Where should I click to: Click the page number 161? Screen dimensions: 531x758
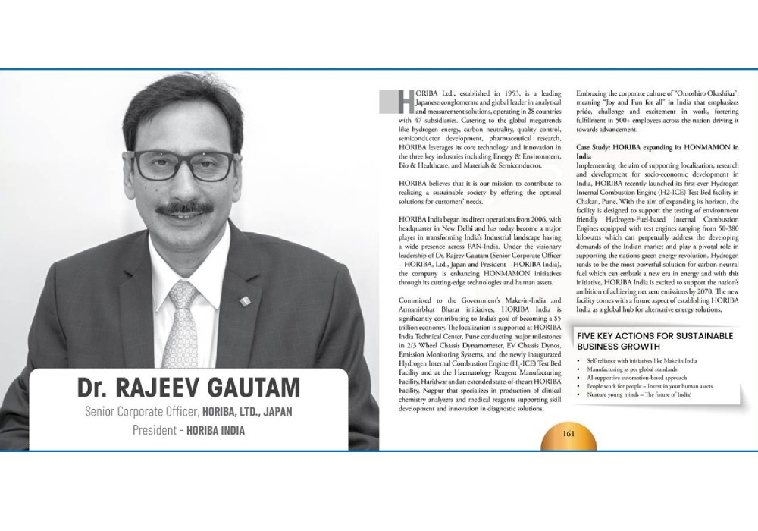coord(568,434)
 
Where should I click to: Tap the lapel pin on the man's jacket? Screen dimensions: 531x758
coord(245,301)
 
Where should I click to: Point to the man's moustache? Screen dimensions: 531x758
coord(184,207)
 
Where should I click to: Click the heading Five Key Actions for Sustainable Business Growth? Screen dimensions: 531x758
coord(655,341)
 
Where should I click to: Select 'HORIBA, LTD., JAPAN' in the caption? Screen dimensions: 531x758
coord(248,412)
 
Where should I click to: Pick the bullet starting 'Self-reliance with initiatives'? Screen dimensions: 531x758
coord(641,360)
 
